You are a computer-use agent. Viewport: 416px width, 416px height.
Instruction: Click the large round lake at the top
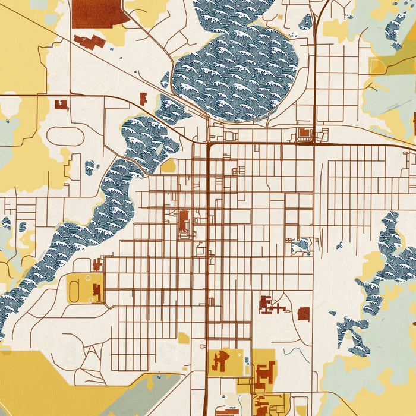(238, 71)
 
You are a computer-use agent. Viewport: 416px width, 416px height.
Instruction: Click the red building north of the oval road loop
(61, 105)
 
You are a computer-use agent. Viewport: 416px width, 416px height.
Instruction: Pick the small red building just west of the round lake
(143, 99)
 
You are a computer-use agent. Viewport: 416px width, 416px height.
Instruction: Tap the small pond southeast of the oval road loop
(90, 168)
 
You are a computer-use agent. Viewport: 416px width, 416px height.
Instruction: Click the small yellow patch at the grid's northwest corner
(168, 165)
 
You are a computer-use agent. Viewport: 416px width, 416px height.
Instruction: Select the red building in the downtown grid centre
(184, 219)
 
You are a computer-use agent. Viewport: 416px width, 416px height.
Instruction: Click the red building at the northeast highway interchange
(305, 133)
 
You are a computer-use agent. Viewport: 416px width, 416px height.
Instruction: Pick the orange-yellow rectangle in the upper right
(377, 65)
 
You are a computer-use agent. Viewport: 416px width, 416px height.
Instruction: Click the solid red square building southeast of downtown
(304, 314)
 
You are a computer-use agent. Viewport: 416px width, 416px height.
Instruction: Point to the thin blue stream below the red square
(291, 352)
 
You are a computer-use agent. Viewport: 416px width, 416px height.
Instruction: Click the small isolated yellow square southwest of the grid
(184, 338)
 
